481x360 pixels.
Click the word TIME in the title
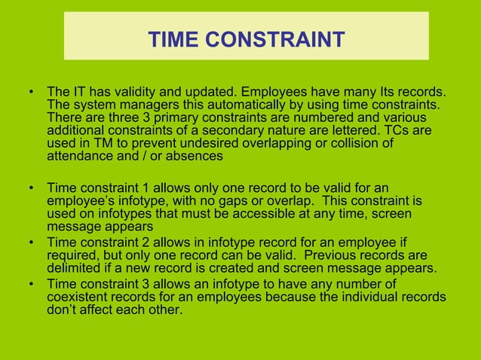coord(173,38)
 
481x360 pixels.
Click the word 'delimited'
coord(74,269)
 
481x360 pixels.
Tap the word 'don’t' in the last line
coord(62,310)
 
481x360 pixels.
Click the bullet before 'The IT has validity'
coord(31,94)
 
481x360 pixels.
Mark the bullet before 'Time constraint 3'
coord(31,284)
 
